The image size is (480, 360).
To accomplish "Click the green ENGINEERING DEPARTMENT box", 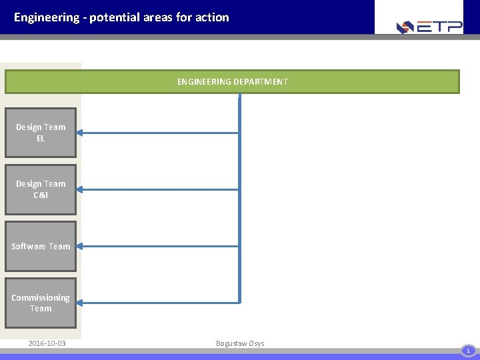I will coord(232,82).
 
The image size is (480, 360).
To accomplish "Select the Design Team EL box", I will coord(41,133).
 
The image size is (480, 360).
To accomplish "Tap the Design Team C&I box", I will coord(41,189).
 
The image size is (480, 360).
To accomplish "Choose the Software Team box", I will coord(41,246).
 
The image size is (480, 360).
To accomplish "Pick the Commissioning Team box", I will coord(41,303).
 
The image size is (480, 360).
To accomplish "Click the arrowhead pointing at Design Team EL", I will coord(82,133).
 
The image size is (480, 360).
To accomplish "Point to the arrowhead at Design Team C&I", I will coord(82,189).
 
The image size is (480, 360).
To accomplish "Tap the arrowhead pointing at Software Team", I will coord(82,246).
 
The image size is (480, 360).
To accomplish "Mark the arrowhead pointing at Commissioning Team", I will coord(82,303).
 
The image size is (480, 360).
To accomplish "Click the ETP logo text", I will coord(440,27).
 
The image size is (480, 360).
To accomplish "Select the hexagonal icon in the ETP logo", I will coord(405,27).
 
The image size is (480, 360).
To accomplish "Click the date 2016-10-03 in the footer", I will coord(47,343).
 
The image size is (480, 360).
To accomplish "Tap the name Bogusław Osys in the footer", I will coord(240,343).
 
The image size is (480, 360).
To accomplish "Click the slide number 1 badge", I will coord(468,350).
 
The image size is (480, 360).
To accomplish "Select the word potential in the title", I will coord(114,17).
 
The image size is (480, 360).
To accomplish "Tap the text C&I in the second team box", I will coord(41,195).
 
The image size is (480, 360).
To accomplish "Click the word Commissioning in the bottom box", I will coord(41,297).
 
